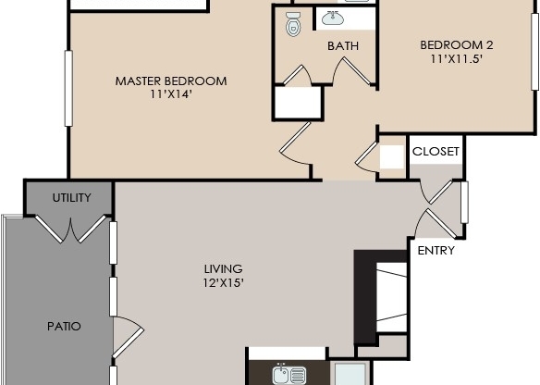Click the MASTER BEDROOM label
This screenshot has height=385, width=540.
[170, 81]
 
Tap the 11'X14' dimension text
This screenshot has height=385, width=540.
[170, 94]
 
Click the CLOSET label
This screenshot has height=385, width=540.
[436, 151]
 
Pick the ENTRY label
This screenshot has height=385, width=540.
[435, 251]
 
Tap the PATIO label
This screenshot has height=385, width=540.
[64, 326]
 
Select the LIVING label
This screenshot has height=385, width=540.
[223, 270]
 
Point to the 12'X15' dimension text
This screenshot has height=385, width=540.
[223, 284]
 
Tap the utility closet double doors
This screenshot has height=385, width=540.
[68, 229]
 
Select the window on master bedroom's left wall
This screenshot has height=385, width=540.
[67, 87]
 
